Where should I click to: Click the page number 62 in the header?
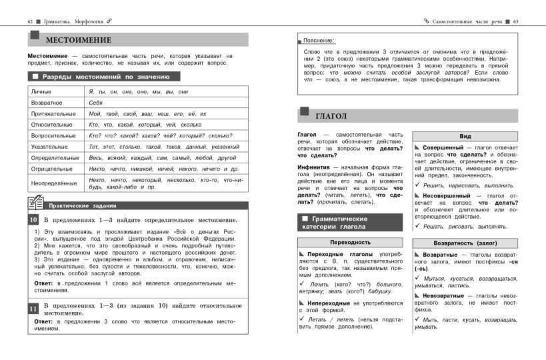[31, 22]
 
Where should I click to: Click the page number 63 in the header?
[515, 22]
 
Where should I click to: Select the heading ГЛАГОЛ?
[331, 116]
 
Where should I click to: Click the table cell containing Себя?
[95, 103]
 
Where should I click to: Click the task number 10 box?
[33, 220]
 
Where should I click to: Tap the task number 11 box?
[33, 309]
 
